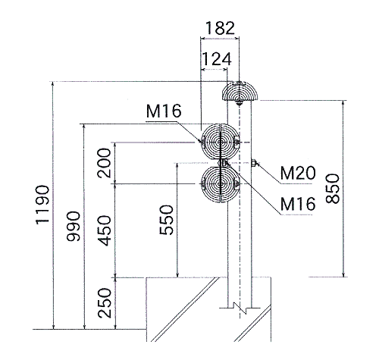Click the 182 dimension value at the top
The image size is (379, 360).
[220, 28]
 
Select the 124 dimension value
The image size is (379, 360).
[217, 59]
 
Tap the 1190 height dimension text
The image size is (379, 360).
[42, 205]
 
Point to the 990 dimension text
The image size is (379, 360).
[74, 226]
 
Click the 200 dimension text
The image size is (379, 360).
[104, 163]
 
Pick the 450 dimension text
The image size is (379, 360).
[104, 230]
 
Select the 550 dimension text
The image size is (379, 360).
[167, 220]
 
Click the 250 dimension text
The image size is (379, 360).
[105, 303]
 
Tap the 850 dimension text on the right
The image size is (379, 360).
[333, 189]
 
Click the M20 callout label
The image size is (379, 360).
[298, 173]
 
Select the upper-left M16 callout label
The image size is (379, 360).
[164, 111]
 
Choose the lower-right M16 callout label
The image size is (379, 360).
[298, 204]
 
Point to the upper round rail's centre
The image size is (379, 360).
[221, 142]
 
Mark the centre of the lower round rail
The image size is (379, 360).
[221, 184]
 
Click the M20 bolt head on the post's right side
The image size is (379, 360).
[254, 163]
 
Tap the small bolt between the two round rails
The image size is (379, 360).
[222, 163]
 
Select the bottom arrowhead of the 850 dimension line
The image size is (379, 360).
[343, 274]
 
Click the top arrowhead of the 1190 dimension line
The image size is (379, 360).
[53, 85]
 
